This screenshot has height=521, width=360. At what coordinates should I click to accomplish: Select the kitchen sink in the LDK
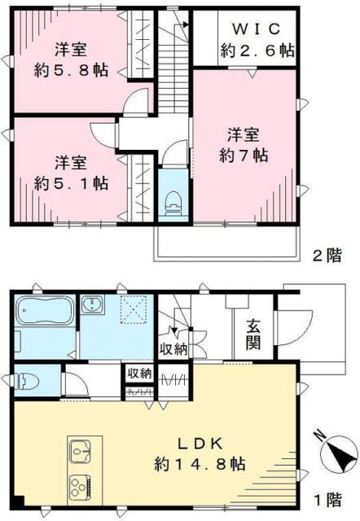[81, 449]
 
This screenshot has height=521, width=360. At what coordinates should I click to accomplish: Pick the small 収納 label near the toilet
[138, 374]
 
